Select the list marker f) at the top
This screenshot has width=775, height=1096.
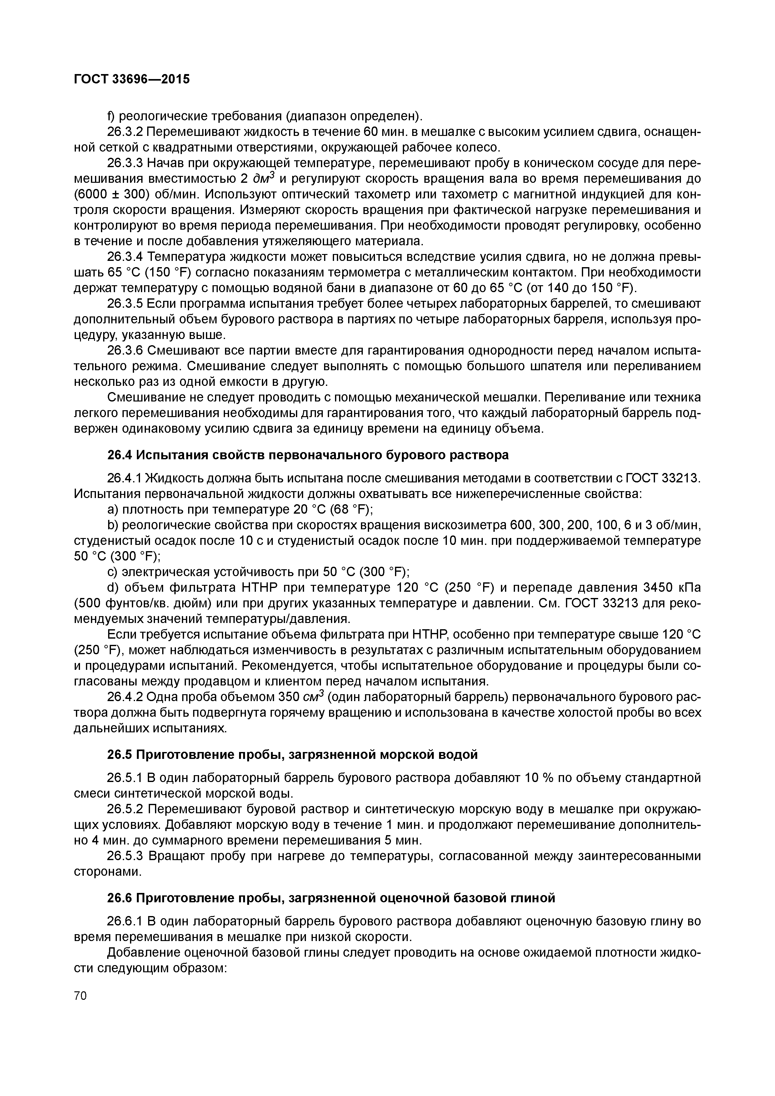coord(111,116)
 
